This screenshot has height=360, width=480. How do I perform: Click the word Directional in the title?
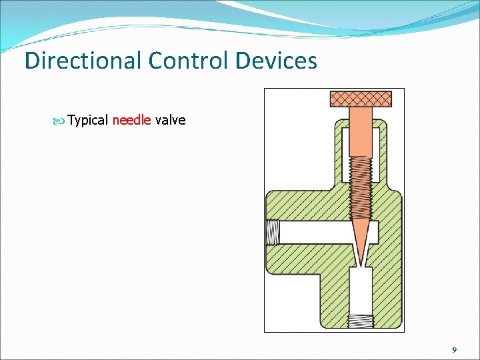tap(83, 61)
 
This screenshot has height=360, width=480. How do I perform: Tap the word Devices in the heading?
tap(277, 61)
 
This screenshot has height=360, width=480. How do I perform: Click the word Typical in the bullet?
tap(88, 121)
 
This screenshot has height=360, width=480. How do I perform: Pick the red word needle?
tap(132, 121)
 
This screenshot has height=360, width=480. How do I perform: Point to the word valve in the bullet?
tap(170, 121)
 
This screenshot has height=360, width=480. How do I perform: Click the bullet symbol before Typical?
tap(61, 121)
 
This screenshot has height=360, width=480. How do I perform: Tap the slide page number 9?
tap(454, 349)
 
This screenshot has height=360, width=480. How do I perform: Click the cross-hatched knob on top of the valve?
tap(361, 99)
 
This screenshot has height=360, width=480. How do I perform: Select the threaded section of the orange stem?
tap(361, 190)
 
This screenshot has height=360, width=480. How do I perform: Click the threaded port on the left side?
tap(273, 233)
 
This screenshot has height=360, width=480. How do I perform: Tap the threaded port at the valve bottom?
tap(361, 322)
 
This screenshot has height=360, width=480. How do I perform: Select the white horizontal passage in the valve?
tap(313, 233)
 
